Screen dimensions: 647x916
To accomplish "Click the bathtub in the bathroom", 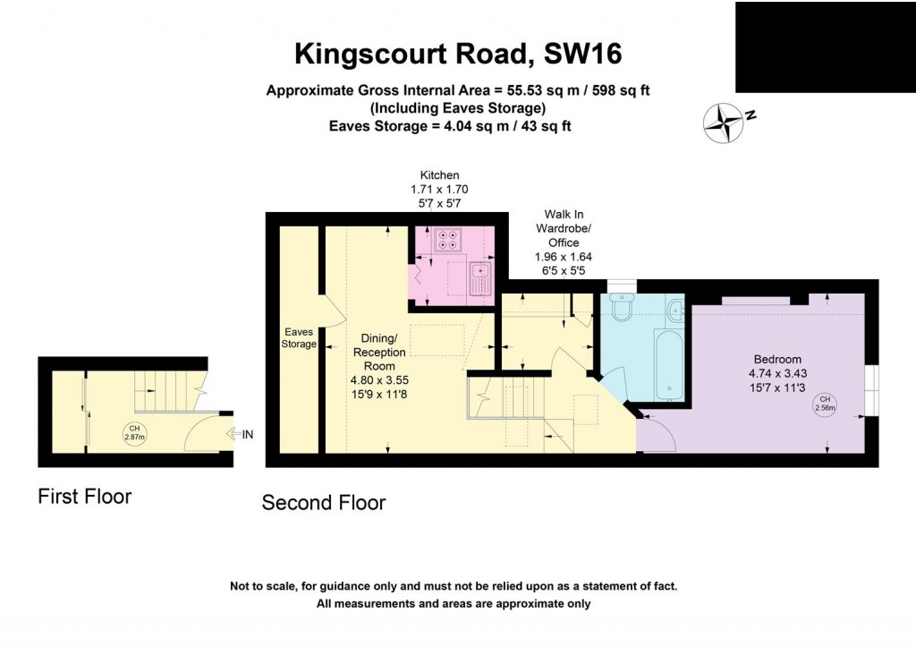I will pos(669,365).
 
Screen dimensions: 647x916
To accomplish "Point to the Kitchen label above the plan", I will pos(439,175).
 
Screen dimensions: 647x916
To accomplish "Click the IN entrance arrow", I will pos(242,435).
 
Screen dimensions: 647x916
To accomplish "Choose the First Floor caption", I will pos(84,496).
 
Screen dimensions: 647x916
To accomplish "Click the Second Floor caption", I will pos(323,503).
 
